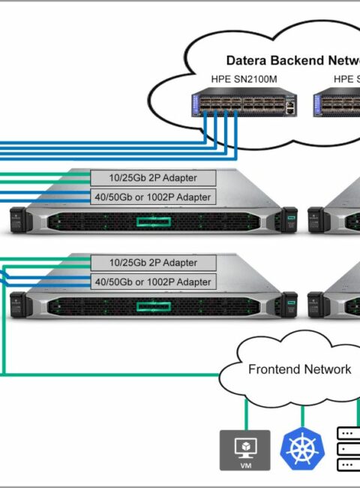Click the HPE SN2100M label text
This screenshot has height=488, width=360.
244,79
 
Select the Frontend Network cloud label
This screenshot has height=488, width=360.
300,369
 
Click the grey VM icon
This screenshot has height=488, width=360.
245,450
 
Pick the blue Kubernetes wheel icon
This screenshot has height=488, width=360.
302,448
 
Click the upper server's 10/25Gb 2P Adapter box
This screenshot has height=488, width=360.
153,178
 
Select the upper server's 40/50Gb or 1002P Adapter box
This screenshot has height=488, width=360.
153,197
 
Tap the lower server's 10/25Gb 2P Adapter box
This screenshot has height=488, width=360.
153,263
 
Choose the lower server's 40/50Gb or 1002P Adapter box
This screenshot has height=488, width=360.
153,282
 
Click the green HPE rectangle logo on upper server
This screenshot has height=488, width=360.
154,222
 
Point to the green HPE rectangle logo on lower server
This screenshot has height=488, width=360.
154,306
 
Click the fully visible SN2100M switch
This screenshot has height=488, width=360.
244,102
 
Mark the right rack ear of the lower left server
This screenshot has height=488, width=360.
289,304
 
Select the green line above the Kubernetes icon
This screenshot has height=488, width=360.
302,417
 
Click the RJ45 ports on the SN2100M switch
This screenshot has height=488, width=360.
290,107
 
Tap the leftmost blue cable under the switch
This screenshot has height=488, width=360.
205,127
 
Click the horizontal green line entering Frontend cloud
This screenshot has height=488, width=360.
112,375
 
